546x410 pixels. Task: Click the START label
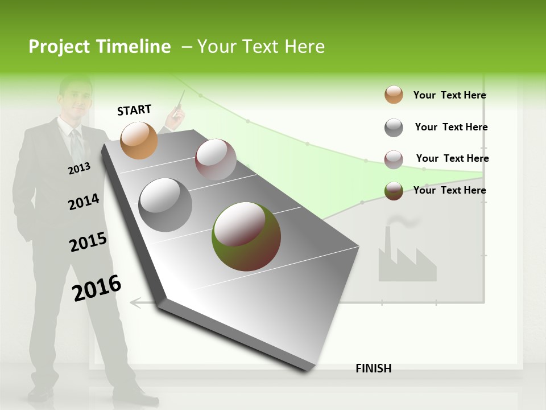tap(134, 110)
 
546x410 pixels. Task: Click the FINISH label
tap(373, 368)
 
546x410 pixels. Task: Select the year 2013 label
tap(79, 169)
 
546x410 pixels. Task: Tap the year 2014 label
tap(84, 202)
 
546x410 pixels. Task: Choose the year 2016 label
tap(97, 288)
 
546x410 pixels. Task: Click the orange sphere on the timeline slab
tap(139, 140)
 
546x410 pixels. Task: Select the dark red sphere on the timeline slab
tap(216, 159)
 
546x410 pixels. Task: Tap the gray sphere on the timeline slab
tap(166, 205)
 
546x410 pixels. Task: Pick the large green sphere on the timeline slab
tap(246, 236)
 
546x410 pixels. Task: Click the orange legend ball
tap(394, 95)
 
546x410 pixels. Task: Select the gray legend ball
tap(394, 128)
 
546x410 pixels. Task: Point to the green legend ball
tap(394, 191)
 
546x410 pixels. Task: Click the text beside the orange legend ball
tap(449, 95)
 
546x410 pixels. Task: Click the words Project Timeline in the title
tap(100, 47)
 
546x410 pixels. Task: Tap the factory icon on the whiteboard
tap(406, 259)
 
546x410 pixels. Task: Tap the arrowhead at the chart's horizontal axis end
tap(135, 302)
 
